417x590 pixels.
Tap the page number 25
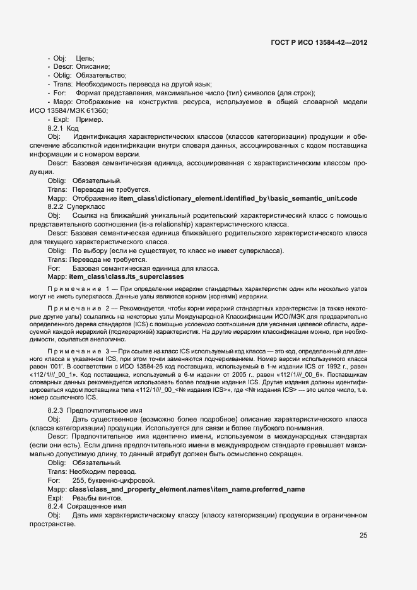click(363, 536)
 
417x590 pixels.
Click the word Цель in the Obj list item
click(85, 58)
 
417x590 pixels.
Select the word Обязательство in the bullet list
click(101, 75)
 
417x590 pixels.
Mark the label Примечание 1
click(74, 288)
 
